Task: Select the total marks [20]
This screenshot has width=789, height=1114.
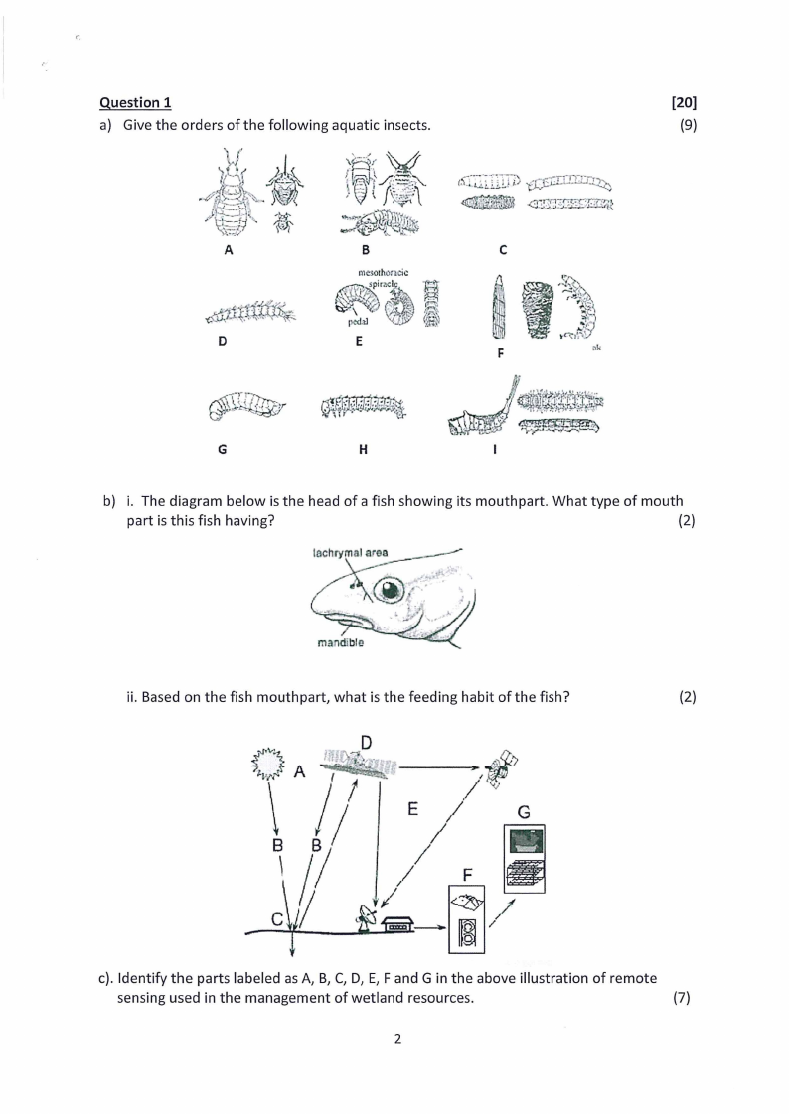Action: point(684,102)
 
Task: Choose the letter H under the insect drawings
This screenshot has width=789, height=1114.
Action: point(363,449)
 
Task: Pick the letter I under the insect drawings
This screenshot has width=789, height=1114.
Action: point(495,449)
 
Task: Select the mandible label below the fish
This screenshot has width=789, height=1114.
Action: point(340,642)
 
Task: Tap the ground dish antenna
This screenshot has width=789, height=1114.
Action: point(365,919)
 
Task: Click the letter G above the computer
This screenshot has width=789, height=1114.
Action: point(524,812)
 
